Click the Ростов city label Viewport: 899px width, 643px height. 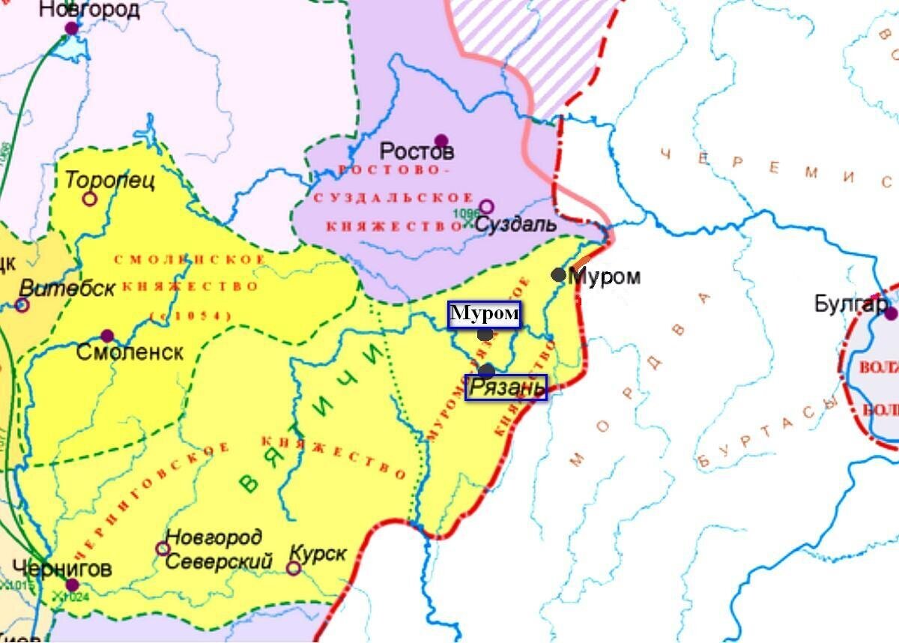click(417, 151)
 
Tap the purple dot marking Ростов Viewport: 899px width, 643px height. click(441, 140)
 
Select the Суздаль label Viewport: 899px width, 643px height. click(516, 223)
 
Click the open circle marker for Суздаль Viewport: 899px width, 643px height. click(486, 206)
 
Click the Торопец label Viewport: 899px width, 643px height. click(109, 181)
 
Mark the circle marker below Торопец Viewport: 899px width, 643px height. click(90, 199)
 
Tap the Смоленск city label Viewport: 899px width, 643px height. click(130, 352)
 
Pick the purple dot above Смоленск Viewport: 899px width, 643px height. click(107, 336)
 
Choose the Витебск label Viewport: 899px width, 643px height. click(67, 288)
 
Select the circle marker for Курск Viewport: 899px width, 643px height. click(294, 568)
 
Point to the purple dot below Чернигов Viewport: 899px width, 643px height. click(72, 585)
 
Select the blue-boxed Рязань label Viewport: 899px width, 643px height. click(506, 387)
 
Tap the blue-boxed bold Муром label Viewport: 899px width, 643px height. click(484, 314)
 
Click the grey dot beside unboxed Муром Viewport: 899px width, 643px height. click(558, 275)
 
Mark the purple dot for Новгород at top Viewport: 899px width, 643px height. click(72, 28)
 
